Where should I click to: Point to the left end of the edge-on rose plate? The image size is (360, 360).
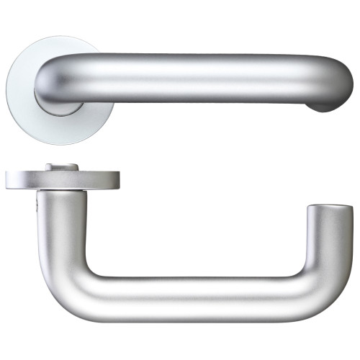coord(9,179)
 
